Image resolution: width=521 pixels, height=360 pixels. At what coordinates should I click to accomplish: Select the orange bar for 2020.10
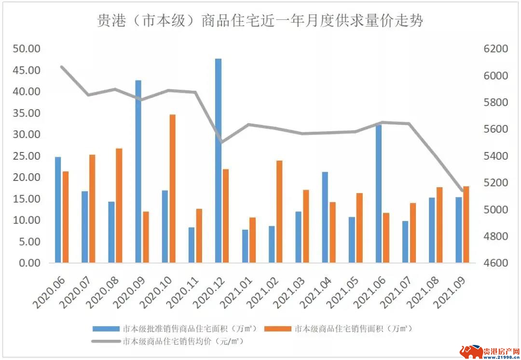tap(172, 189)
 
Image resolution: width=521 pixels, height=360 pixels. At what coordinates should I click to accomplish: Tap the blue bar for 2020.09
tap(138, 171)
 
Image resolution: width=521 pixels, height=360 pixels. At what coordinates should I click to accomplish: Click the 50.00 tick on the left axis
tap(27, 49)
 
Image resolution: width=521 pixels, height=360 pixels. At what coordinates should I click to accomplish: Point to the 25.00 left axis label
tap(27, 156)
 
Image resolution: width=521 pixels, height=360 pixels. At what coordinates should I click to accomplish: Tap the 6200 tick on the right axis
tap(493, 49)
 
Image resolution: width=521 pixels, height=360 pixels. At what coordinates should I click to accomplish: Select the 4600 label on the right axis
tap(493, 263)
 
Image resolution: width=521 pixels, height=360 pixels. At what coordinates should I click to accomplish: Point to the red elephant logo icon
tap(470, 350)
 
